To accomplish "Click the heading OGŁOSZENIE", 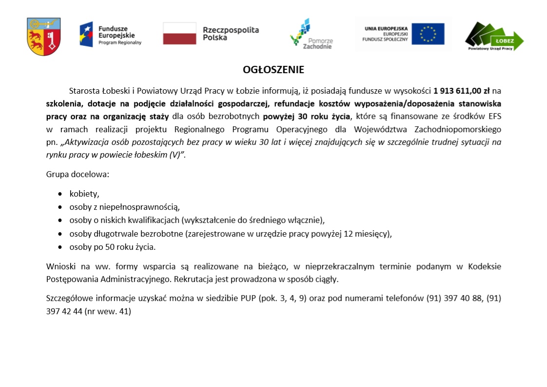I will click(x=273, y=70).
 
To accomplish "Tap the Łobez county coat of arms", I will click(x=44, y=37).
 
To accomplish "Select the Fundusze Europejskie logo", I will click(x=111, y=35).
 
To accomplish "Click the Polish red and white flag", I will click(x=179, y=33).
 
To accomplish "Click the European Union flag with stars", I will click(x=428, y=34).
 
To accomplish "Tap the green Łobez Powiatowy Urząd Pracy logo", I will click(x=494, y=37).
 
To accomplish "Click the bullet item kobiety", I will click(x=84, y=194).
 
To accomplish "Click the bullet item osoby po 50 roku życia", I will click(x=113, y=247).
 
